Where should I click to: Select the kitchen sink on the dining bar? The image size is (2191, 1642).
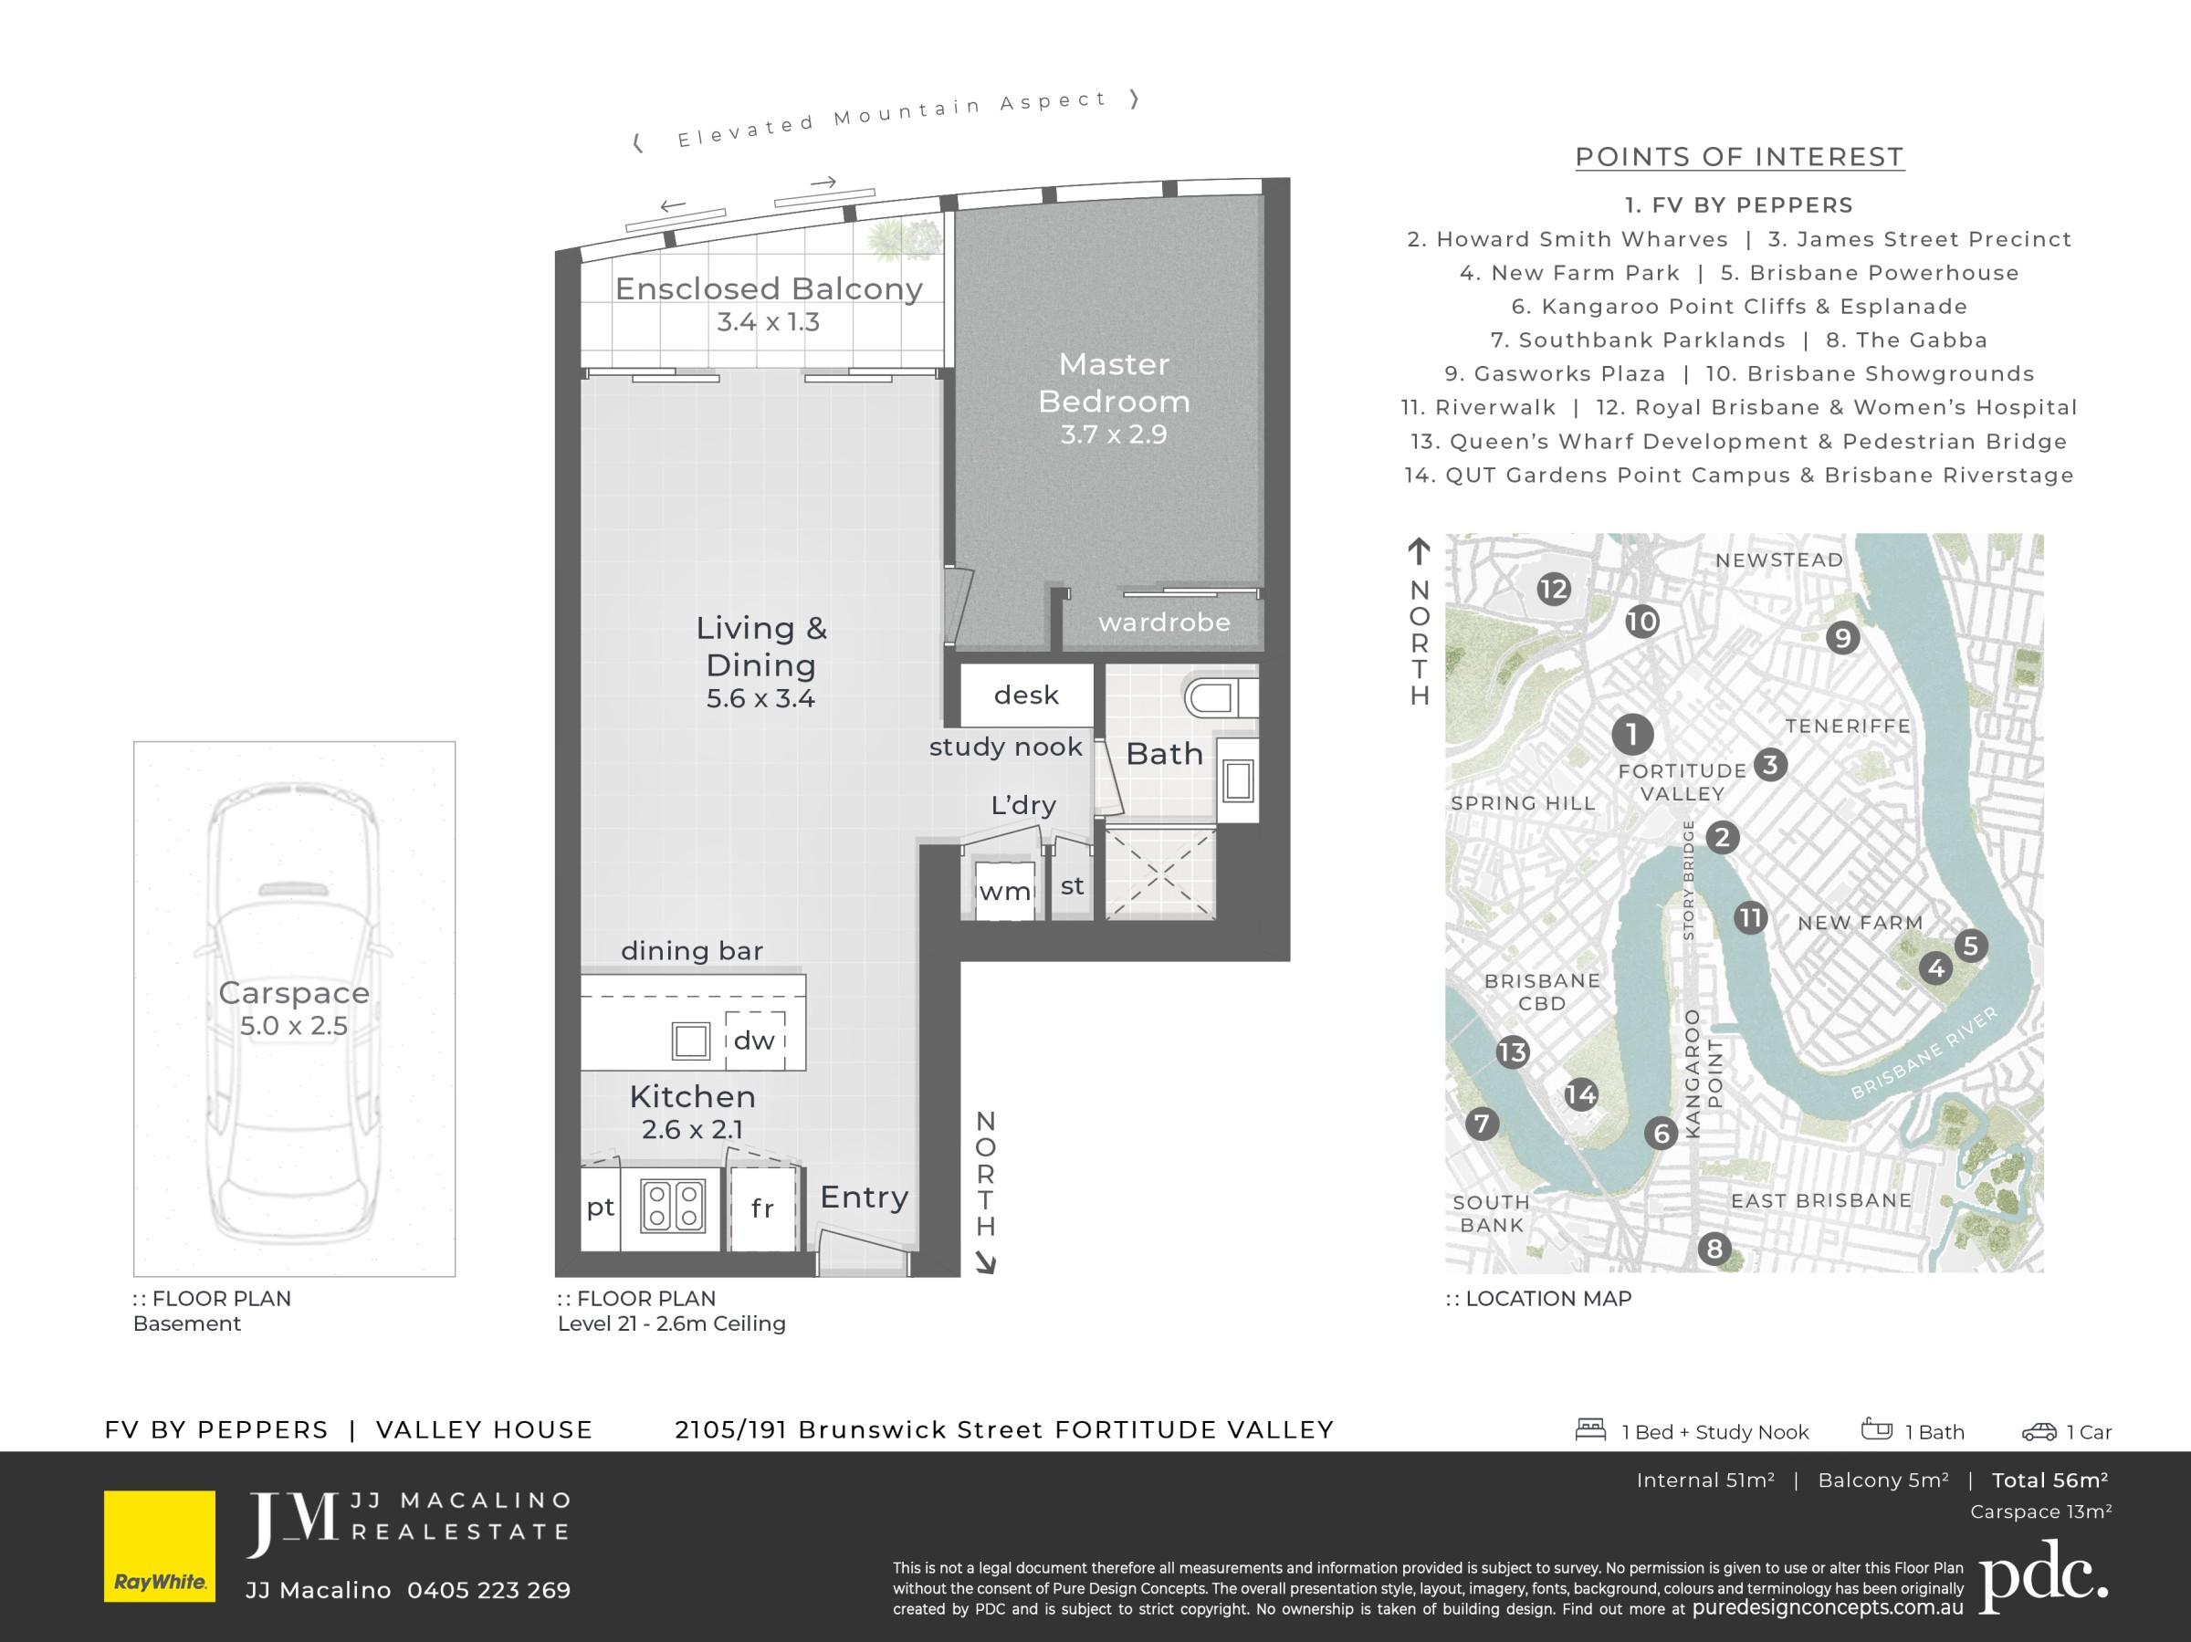[x=690, y=1041]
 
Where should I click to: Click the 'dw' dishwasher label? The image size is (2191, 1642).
[x=754, y=1040]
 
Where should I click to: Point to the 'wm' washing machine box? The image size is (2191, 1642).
[x=1004, y=890]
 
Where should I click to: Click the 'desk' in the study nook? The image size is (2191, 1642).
[x=1026, y=695]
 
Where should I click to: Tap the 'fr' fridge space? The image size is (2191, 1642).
[x=762, y=1208]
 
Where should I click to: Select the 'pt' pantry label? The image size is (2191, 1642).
[x=601, y=1208]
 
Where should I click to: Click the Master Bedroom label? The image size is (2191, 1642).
[x=1115, y=382]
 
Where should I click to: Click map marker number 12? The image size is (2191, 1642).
[x=1554, y=591]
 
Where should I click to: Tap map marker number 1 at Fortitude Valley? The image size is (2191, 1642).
[x=1632, y=734]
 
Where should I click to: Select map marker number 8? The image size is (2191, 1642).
[x=1714, y=1249]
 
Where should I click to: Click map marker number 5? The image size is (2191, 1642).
[x=1970, y=946]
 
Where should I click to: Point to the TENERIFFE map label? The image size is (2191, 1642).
[x=1849, y=726]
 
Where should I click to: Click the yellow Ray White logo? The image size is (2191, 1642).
[x=160, y=1546]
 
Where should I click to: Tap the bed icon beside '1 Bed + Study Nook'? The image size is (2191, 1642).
[x=1590, y=1430]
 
